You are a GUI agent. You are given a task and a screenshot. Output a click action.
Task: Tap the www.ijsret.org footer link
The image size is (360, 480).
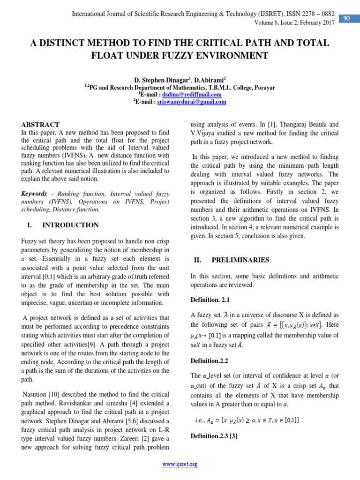point(180,464)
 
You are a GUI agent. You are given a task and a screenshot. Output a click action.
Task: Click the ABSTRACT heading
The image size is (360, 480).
point(41,125)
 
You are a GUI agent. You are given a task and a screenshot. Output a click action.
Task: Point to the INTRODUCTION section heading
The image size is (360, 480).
point(70,225)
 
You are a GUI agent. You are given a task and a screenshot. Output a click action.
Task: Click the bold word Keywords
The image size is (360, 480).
point(34,194)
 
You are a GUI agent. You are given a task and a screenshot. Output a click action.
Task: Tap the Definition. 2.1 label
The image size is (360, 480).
point(210,300)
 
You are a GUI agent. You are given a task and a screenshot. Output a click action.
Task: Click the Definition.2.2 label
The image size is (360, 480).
point(210,361)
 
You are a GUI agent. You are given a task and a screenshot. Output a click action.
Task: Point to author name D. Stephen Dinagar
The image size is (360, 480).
point(157,80)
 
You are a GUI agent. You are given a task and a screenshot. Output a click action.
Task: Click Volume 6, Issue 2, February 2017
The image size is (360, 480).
point(294,23)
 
